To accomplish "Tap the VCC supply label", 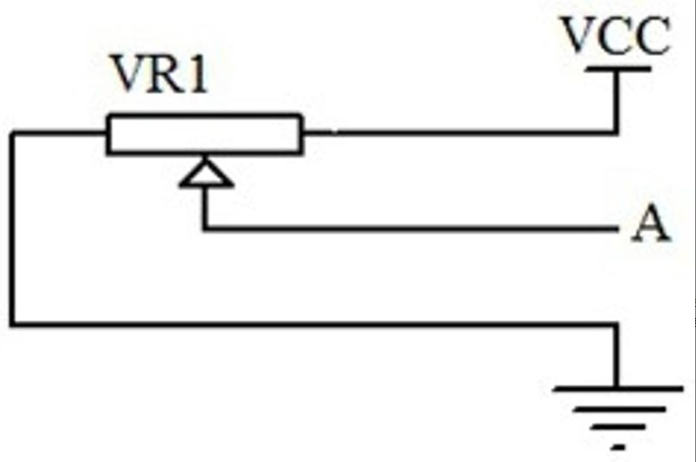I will pos(616,37).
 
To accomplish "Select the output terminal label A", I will pos(651,226).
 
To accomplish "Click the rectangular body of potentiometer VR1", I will pos(204,134).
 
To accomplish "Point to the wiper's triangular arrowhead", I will pos(205,173).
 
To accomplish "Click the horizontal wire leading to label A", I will pos(410,229).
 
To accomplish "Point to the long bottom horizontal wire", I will pos(314,324).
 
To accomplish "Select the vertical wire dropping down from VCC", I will pos(617,100).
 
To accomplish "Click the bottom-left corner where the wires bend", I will pos(13,324).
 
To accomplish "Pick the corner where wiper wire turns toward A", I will pos(205,229).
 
